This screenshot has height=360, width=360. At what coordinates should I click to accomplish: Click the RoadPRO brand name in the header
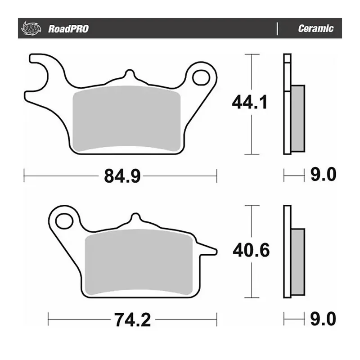68,29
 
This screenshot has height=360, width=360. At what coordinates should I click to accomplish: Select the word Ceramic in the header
315,29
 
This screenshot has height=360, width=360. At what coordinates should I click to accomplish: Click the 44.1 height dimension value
250,103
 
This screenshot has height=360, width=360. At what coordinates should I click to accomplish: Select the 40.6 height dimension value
251,250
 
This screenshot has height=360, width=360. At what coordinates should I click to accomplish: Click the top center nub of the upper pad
129,74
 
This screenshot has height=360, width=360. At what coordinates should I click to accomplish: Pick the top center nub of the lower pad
135,218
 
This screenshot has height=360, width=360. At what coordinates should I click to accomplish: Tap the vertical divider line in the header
277,29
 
